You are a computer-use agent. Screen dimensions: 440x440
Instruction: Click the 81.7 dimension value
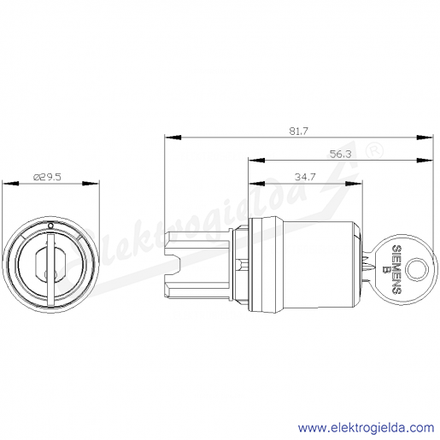click(x=299, y=132)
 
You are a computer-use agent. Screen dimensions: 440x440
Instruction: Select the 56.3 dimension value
click(x=341, y=154)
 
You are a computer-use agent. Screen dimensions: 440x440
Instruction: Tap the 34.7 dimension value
click(x=305, y=177)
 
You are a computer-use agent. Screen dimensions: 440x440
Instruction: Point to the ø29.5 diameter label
click(x=47, y=177)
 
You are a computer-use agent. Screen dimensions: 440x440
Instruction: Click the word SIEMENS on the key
click(x=397, y=269)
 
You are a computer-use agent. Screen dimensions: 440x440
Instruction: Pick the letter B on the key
click(x=387, y=269)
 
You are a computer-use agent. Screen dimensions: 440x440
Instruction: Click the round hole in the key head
click(x=416, y=269)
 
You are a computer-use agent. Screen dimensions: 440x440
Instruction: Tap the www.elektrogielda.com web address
click(x=367, y=428)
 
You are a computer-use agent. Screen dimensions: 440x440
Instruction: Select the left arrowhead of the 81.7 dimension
click(x=173, y=138)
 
